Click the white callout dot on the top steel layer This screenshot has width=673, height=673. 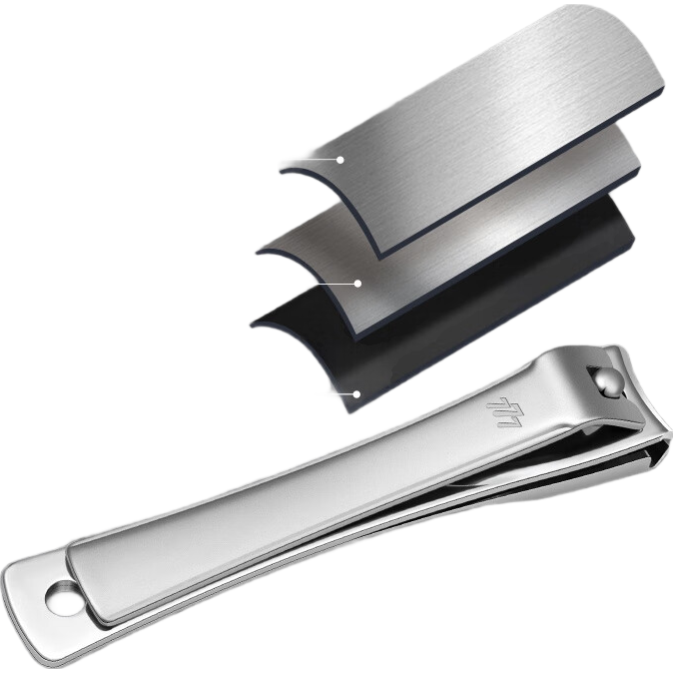(340, 160)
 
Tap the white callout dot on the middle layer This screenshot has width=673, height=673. (357, 284)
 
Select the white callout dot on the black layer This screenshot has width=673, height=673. (356, 394)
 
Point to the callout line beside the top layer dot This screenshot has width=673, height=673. (309, 159)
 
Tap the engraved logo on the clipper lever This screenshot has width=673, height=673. (504, 412)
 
